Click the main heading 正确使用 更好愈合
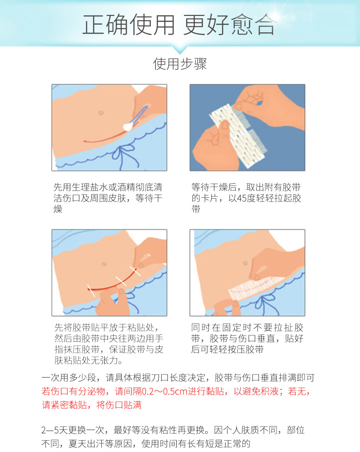click(179, 25)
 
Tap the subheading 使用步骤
click(180, 64)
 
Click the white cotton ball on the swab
click(128, 126)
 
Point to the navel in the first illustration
click(101, 113)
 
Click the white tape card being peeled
click(238, 136)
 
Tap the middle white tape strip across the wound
click(121, 281)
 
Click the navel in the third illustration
click(104, 264)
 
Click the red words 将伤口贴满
click(119, 405)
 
